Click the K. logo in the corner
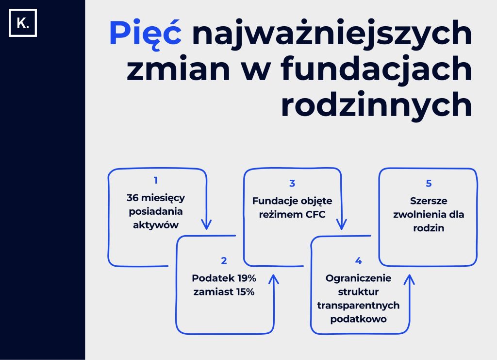[x=23, y=23]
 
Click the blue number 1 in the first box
[x=156, y=180]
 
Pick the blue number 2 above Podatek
[x=224, y=261]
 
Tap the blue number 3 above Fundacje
[x=292, y=183]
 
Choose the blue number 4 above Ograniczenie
[x=359, y=261]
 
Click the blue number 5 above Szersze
[x=429, y=183]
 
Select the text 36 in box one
[x=133, y=198]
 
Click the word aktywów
[x=156, y=225]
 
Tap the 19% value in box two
[x=247, y=278]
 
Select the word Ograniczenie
[x=359, y=278]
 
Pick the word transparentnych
[x=358, y=306]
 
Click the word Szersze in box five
[x=429, y=201]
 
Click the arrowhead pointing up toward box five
[x=409, y=280]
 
